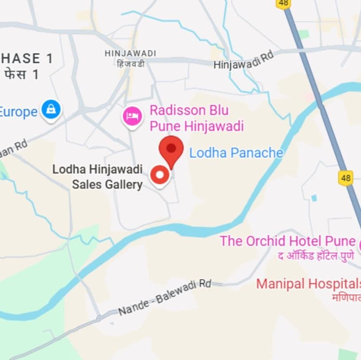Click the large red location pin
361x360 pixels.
click(171, 149)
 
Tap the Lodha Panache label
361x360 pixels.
click(236, 153)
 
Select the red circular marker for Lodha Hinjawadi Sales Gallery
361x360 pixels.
click(159, 176)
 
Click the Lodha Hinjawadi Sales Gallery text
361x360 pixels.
click(97, 177)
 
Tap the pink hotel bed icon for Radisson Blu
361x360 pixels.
click(132, 117)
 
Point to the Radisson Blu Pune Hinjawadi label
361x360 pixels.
click(196, 118)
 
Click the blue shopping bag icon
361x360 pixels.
click(51, 109)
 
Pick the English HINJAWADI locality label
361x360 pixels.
click(130, 53)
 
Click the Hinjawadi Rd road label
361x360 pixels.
click(244, 60)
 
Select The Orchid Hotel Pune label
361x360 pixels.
click(288, 241)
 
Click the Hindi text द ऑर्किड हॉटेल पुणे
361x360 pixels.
click(316, 255)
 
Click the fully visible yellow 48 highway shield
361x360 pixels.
click(345, 178)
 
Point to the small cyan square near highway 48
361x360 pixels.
click(314, 198)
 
